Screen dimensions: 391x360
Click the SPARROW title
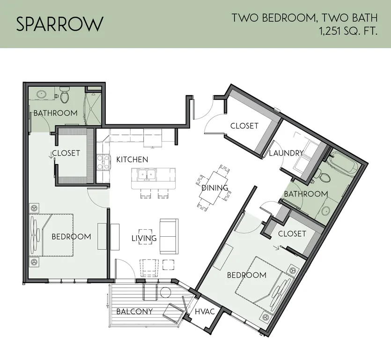coord(59,24)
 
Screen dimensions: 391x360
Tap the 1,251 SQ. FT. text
coord(348,32)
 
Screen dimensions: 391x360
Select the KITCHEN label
coord(132,159)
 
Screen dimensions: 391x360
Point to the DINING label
coord(215,188)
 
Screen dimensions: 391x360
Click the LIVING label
coord(144,238)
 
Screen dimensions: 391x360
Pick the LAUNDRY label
coord(286,153)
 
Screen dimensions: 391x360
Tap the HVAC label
coord(205,312)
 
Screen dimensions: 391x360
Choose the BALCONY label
coord(134,311)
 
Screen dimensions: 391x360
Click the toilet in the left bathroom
coord(64,95)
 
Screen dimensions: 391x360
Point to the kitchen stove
coord(103,163)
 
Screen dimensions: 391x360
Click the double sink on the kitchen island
coord(147,174)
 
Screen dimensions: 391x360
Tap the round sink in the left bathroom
coord(41,94)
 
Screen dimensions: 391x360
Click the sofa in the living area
coord(169,236)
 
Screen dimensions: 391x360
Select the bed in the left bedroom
coord(52,235)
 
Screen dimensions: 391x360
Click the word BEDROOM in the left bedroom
coord(71,237)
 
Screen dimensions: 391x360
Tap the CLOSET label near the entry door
coord(244,126)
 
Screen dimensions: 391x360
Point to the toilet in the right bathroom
coord(323,175)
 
